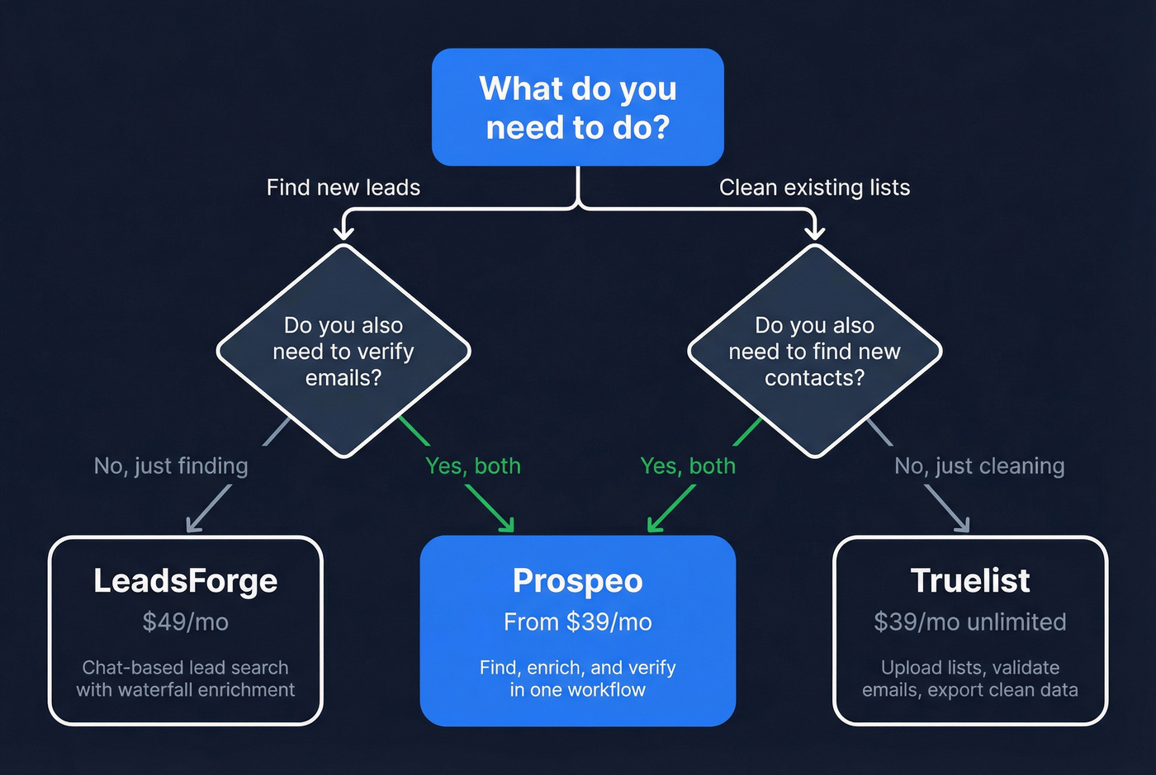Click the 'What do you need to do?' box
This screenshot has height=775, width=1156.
577,107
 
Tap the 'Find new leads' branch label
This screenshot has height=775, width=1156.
343,187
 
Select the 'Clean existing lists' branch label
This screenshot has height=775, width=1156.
814,187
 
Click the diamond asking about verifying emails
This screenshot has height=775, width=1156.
343,351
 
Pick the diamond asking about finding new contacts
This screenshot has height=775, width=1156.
814,351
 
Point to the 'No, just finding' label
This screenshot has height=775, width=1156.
171,466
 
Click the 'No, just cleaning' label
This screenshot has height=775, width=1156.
979,466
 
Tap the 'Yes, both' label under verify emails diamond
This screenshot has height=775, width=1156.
473,466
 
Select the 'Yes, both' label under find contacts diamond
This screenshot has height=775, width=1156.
688,466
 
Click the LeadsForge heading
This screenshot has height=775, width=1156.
185,581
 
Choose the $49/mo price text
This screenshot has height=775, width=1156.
185,621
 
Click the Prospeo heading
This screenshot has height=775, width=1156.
577,581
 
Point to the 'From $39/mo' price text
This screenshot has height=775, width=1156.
577,621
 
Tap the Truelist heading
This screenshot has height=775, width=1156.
970,581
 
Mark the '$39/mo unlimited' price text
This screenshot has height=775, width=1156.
970,621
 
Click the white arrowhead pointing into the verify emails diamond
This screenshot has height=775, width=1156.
343,231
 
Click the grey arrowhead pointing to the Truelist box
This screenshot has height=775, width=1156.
962,525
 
